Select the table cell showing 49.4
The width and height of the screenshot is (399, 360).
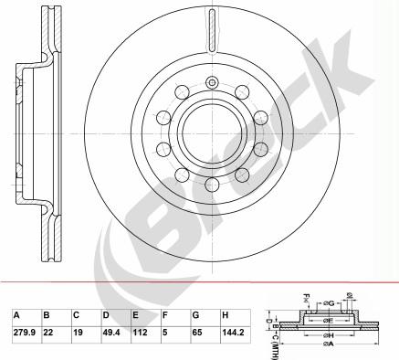(112, 333)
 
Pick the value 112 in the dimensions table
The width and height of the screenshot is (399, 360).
(140, 333)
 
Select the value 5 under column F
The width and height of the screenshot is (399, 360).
(165, 333)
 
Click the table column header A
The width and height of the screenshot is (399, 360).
(16, 315)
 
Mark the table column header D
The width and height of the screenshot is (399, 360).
(106, 315)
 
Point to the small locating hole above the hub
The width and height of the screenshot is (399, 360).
(212, 84)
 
